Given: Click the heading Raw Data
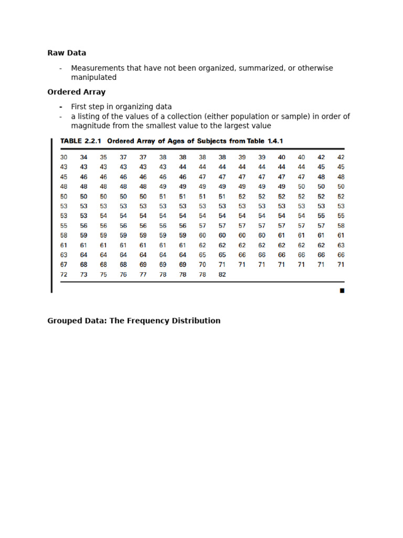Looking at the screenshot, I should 67,53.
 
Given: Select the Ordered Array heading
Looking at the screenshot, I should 76,92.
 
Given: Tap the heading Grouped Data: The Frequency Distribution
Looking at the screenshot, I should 134,320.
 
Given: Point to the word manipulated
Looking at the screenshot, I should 94,78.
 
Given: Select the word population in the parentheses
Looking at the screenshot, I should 243,117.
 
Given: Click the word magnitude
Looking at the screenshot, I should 91,126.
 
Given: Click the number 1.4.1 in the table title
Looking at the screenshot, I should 274,141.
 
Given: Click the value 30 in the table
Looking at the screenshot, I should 64,157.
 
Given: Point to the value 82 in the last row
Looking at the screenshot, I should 222,275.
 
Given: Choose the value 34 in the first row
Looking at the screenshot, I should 83,157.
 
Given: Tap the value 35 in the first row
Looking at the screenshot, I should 103,157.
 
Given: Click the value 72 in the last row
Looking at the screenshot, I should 64,275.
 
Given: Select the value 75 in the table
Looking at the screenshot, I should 103,275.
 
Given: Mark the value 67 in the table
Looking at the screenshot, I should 64,265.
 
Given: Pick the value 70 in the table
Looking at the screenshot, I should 202,265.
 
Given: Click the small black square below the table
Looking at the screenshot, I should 342,290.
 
